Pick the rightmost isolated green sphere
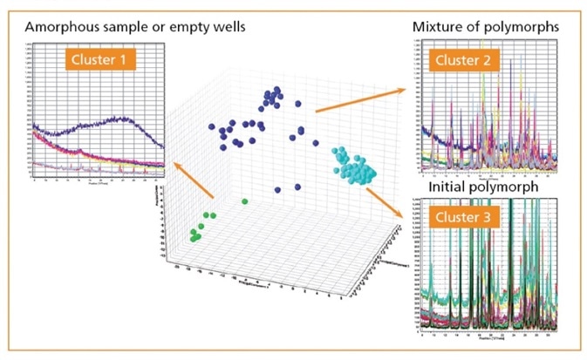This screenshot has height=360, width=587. click(x=245, y=200)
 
